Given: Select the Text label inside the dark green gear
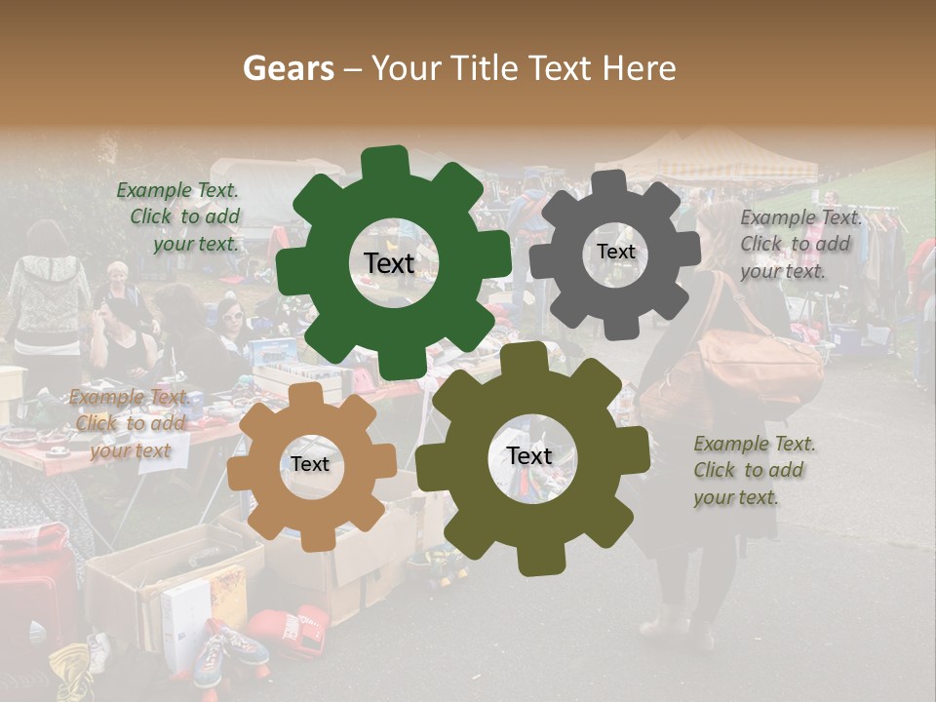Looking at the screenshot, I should pyautogui.click(x=389, y=263).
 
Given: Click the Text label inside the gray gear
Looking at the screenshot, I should pyautogui.click(x=615, y=252).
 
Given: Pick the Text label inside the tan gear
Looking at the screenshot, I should pyautogui.click(x=310, y=464).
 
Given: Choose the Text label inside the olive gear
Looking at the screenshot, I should pyautogui.click(x=528, y=455).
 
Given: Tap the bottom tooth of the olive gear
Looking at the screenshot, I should pyautogui.click(x=530, y=560).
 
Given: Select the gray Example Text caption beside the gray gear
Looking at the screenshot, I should pyautogui.click(x=799, y=244).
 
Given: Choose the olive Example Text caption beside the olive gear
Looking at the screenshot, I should pyautogui.click(x=753, y=470).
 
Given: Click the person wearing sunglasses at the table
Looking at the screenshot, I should pyautogui.click(x=232, y=317).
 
